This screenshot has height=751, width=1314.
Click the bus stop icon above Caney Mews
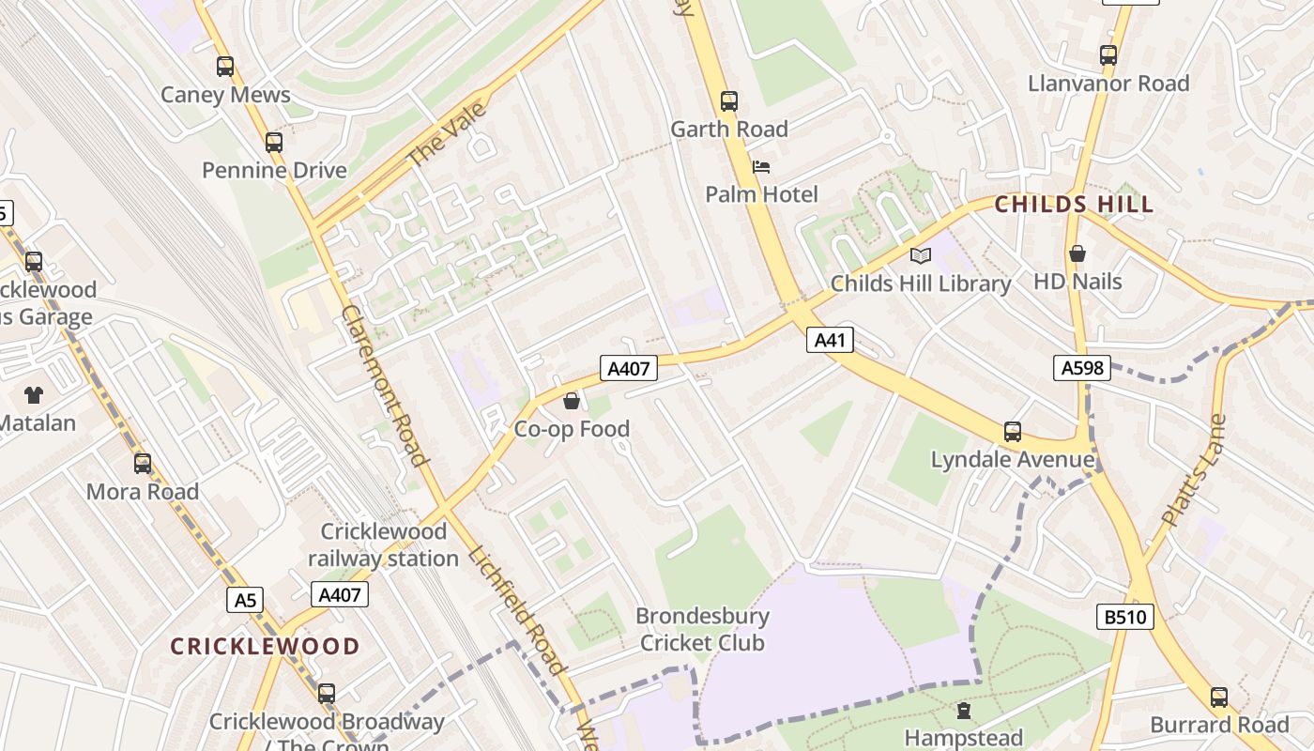click(225, 66)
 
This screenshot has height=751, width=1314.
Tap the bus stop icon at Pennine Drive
click(274, 143)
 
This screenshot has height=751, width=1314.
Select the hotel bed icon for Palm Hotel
click(761, 167)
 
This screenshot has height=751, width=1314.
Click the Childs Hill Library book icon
click(921, 255)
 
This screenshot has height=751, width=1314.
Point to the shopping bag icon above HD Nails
click(1077, 253)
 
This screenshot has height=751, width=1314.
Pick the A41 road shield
click(830, 340)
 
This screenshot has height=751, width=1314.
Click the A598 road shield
click(1082, 368)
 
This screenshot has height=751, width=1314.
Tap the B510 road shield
click(1124, 617)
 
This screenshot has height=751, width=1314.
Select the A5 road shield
click(245, 600)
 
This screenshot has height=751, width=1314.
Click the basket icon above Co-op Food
click(571, 402)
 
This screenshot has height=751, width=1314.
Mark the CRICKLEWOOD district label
click(265, 646)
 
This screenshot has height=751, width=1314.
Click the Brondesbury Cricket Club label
click(702, 629)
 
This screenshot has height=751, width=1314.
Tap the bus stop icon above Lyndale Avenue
click(1012, 432)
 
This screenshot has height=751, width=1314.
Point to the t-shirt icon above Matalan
click(34, 395)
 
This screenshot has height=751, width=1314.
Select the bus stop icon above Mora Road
click(143, 464)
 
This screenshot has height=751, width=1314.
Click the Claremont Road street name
click(384, 385)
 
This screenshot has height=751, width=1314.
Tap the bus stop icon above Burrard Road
click(1219, 697)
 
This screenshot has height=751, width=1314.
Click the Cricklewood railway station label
click(385, 544)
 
